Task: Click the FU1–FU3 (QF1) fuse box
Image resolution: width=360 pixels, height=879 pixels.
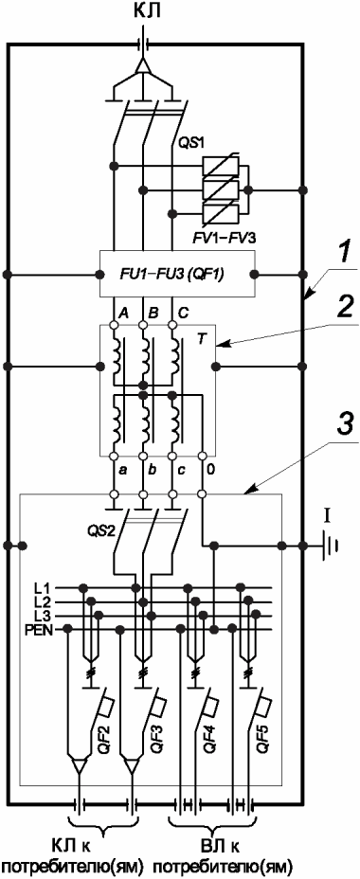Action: pos(177,274)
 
